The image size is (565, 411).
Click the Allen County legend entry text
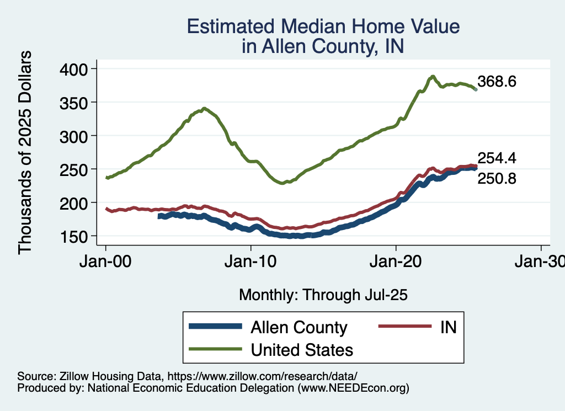click(x=299, y=327)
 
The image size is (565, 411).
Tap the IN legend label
click(x=448, y=327)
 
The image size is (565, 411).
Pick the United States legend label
click(x=302, y=349)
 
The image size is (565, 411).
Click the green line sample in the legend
click(x=215, y=349)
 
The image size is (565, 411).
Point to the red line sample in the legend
click(x=404, y=327)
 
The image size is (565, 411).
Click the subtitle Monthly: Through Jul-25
click(x=323, y=295)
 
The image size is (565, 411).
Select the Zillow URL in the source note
click(x=262, y=376)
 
